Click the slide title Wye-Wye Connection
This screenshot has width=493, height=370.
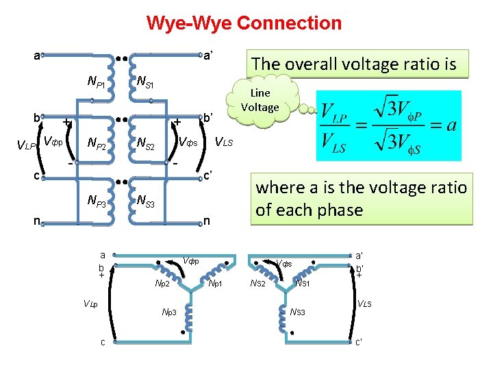click(244, 23)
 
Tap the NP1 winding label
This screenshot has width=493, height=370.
click(96, 82)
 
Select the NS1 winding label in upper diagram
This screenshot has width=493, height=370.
click(145, 82)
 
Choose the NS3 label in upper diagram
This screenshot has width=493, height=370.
click(145, 201)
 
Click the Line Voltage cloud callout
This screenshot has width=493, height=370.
click(260, 100)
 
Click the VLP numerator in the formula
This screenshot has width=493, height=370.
click(333, 111)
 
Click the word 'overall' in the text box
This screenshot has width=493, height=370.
click(321, 64)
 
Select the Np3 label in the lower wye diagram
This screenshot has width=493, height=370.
click(168, 312)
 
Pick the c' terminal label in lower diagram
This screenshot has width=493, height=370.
click(359, 342)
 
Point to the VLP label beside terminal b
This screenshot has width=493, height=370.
click(25, 145)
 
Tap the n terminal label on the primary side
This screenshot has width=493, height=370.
click(39, 221)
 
